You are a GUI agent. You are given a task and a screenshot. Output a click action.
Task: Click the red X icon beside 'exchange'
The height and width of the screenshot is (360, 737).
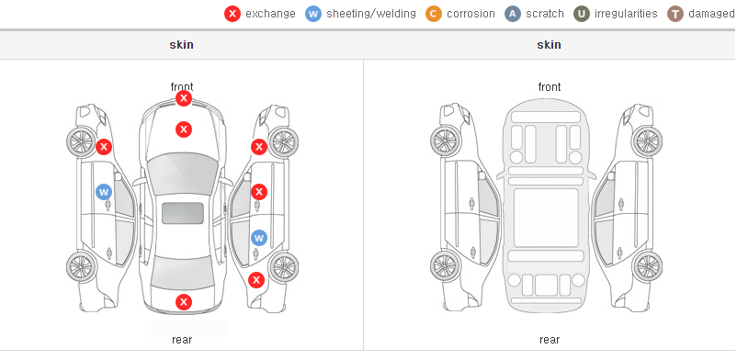tap(232, 14)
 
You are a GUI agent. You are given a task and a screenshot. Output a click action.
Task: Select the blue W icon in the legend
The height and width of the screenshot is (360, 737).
tap(313, 14)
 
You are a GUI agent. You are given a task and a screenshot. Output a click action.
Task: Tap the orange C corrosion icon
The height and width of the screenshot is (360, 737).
tap(434, 14)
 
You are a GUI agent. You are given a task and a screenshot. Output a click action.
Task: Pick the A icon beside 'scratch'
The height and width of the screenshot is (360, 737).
tap(513, 14)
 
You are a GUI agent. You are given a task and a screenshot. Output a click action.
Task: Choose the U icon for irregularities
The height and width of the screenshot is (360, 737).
tap(582, 14)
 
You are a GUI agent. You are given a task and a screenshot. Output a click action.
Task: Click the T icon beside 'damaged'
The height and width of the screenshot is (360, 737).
tap(675, 14)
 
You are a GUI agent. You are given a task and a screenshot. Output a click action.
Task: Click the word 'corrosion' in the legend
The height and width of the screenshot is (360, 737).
tap(471, 14)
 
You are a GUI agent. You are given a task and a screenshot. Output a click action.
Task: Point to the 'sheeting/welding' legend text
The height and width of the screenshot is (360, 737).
tap(371, 14)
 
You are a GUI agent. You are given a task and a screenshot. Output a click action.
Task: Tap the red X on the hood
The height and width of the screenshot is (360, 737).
tap(184, 129)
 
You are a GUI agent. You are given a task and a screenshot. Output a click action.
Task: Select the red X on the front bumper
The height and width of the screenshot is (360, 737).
tap(184, 98)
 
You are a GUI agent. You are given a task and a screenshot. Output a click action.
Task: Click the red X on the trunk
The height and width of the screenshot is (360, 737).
tap(184, 302)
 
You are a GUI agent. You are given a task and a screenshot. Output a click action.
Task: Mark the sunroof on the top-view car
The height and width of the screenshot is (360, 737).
tap(183, 213)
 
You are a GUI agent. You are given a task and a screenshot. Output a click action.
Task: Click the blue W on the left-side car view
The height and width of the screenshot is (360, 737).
tap(104, 192)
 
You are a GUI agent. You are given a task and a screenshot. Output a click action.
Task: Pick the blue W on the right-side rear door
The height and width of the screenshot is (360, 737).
tap(259, 237)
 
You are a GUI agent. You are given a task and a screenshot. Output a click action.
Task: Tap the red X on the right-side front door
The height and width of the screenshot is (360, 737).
tap(259, 192)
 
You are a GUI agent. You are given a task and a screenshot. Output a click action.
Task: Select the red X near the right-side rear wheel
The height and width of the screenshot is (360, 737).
tap(256, 281)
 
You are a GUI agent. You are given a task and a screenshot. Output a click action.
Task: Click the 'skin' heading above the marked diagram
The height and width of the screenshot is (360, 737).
tap(181, 45)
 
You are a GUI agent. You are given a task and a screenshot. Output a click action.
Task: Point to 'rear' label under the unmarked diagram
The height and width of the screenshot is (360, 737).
tap(550, 340)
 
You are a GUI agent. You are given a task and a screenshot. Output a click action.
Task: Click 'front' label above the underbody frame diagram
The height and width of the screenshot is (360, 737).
tap(550, 87)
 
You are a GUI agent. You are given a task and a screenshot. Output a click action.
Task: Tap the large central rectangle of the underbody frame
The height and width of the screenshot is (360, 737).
tap(546, 218)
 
